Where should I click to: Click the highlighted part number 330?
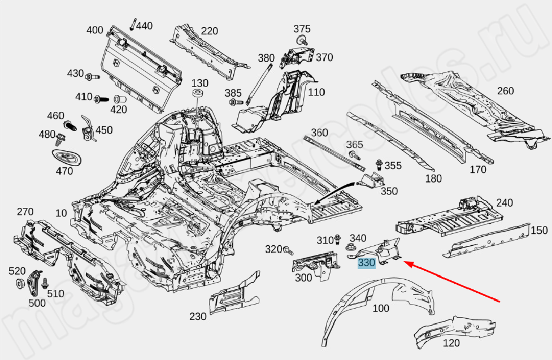pyautogui.click(x=366, y=263)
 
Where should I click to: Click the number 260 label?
pyautogui.click(x=505, y=91)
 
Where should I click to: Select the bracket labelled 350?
pyautogui.click(x=370, y=181)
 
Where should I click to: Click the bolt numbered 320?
pyautogui.click(x=289, y=249)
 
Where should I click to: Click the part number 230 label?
pyautogui.click(x=198, y=317)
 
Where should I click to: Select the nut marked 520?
pyautogui.click(x=19, y=283)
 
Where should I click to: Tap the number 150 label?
pyautogui.click(x=540, y=230)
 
